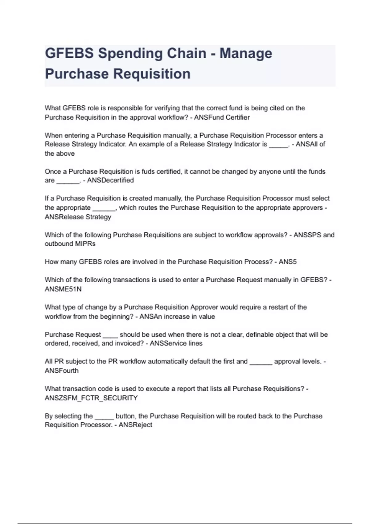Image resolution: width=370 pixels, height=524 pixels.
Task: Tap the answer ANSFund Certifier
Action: (222, 117)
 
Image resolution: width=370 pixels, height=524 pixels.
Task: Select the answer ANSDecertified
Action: (110, 180)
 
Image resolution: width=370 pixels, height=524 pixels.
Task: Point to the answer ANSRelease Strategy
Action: (78, 217)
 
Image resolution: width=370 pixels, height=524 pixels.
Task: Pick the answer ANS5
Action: (287, 262)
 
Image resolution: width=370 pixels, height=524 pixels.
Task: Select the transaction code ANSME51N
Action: (63, 289)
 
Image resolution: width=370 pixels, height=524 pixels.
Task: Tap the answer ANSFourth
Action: (62, 370)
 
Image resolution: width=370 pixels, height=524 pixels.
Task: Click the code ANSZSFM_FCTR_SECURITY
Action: (91, 398)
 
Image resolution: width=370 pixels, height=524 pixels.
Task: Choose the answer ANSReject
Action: (135, 425)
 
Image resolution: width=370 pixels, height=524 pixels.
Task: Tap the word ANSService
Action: (164, 343)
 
